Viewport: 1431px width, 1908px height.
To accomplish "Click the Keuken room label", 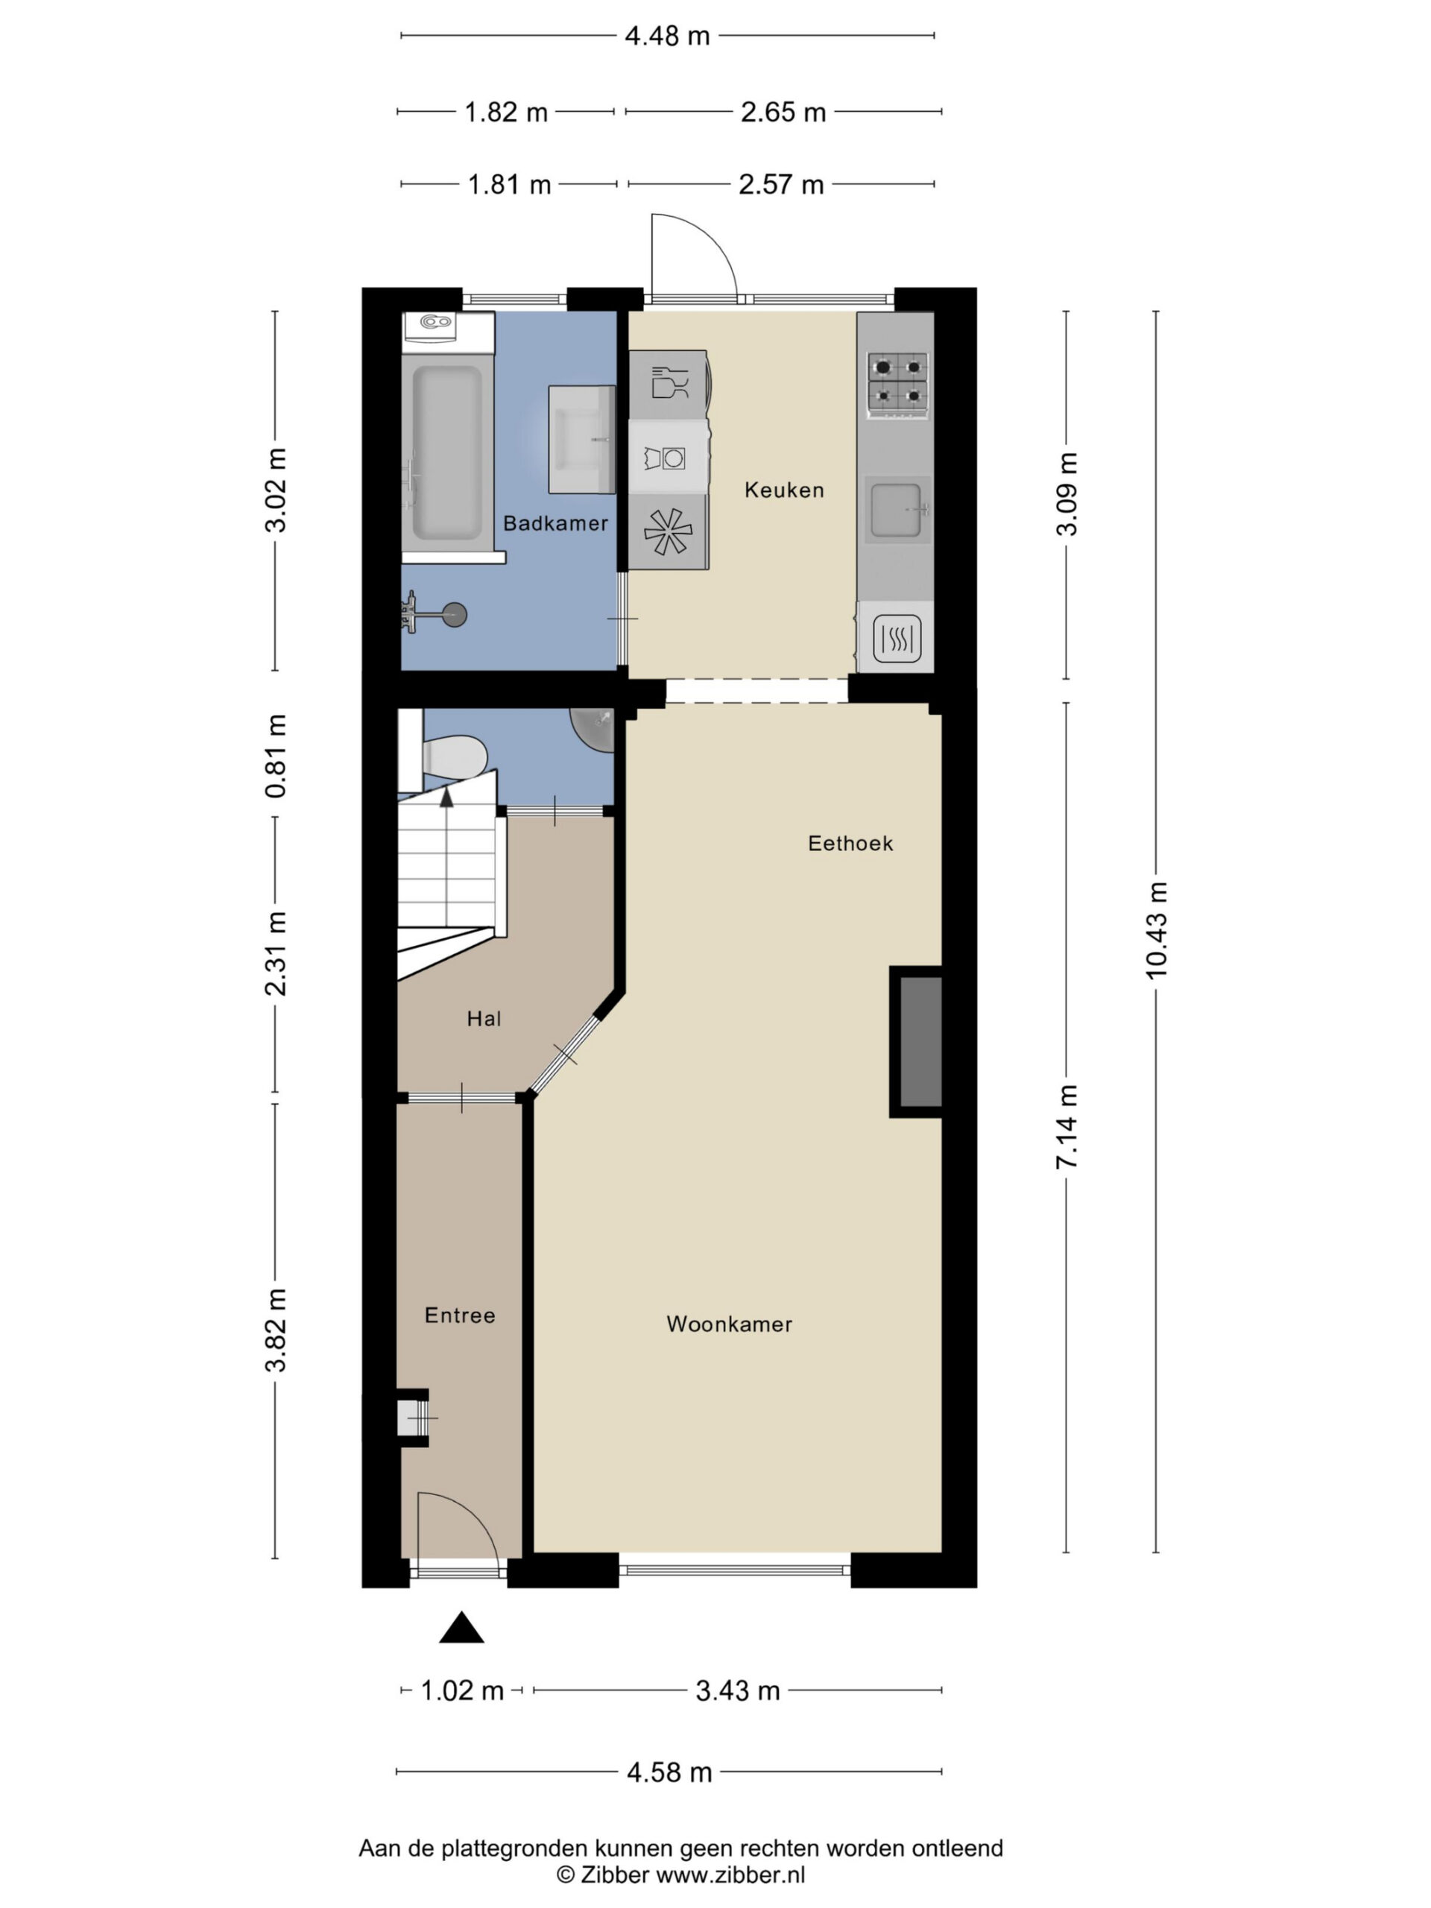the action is [x=784, y=490].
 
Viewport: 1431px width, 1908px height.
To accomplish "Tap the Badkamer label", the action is [x=555, y=522].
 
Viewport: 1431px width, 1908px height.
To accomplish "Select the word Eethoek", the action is [x=850, y=843].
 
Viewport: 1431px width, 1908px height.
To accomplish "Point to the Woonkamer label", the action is [x=729, y=1323].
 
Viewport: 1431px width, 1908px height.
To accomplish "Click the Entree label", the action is [x=460, y=1315].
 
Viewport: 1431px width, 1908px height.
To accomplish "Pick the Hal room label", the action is [x=484, y=1019].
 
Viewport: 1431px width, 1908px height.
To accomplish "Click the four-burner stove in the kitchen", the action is [x=898, y=385].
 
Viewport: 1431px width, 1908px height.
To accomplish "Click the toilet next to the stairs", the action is [x=454, y=756].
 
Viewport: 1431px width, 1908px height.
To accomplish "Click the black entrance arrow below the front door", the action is [x=461, y=1627].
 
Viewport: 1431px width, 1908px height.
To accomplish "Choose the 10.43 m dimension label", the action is [x=1157, y=931].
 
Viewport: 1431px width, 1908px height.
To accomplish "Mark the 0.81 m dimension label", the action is [x=275, y=756].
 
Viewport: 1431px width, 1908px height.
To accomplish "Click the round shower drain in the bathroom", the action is [x=455, y=614].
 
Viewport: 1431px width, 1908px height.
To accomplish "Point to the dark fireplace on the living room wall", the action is [x=916, y=1042].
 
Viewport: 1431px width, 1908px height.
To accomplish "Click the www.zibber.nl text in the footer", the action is [x=730, y=1874].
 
